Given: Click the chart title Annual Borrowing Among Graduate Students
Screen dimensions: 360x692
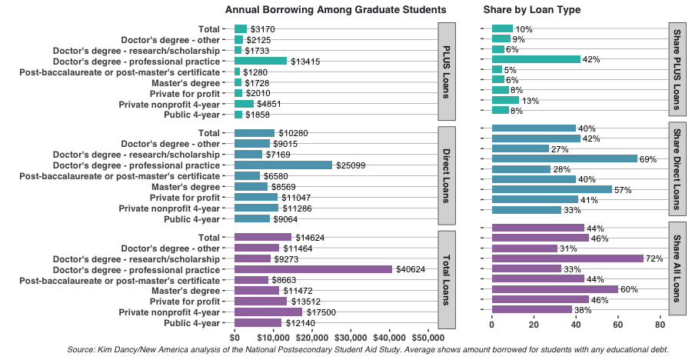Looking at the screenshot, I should coord(335,10).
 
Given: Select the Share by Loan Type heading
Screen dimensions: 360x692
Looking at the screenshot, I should coord(531,10).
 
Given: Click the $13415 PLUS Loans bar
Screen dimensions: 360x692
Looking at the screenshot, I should coord(261,61).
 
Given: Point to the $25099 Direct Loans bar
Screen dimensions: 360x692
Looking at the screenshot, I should coord(283,165).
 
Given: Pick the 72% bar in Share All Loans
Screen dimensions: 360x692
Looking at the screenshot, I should coord(567,258).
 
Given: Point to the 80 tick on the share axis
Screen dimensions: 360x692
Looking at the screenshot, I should coord(660,325).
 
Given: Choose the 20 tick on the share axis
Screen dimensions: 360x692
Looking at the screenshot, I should coord(534,325).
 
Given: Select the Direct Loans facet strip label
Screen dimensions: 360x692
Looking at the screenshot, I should coord(447,175).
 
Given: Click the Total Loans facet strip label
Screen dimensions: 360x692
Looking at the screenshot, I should coord(447,280).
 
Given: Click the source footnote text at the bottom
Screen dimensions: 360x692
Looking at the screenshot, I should coord(368,350).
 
